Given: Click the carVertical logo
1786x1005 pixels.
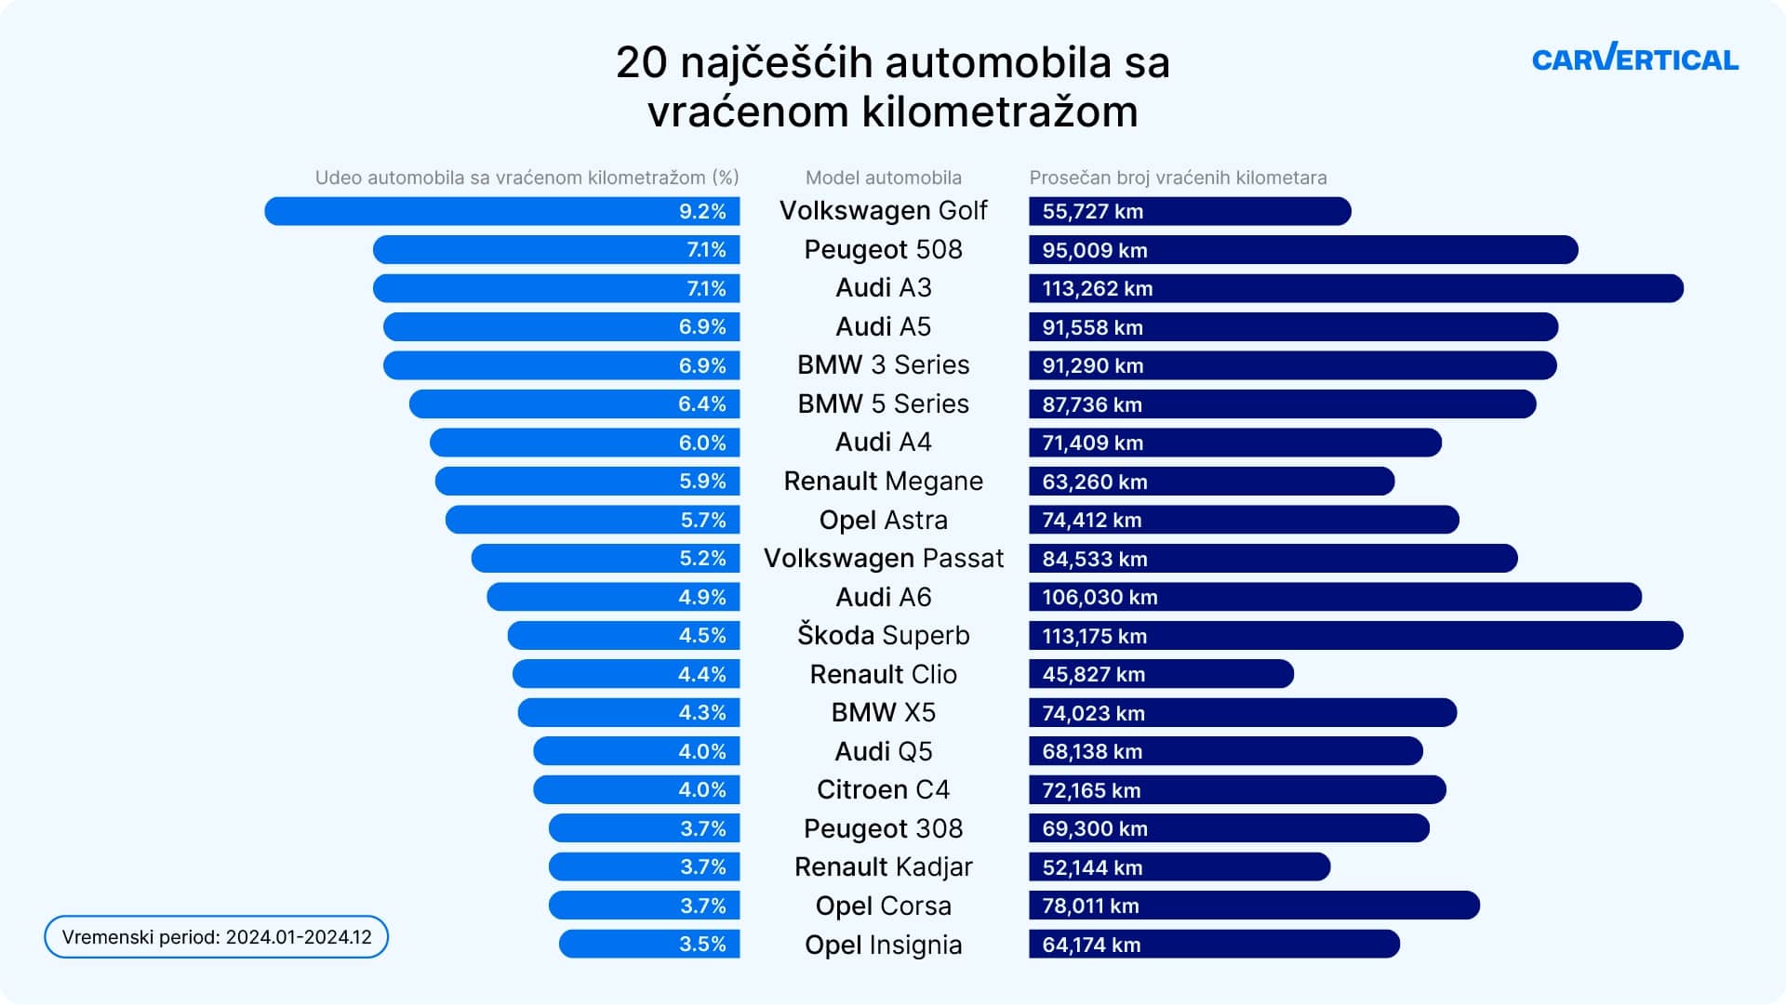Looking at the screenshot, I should (x=1634, y=59).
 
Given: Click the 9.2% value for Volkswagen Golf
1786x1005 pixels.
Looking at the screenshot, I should (x=701, y=212).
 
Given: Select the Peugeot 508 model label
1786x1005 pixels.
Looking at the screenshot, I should (x=883, y=250).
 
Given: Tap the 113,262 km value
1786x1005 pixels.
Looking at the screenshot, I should (x=1097, y=289).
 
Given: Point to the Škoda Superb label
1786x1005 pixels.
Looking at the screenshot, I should (x=883, y=636).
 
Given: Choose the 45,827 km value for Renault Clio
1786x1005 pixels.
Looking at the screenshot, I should (x=1093, y=675).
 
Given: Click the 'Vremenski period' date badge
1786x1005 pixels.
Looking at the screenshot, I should (x=216, y=937).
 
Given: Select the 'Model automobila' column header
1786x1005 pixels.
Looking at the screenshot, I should (x=883, y=178).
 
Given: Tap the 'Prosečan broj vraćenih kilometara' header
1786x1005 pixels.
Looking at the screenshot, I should (x=1178, y=178).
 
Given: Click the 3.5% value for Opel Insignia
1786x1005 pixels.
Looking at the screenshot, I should (x=701, y=945).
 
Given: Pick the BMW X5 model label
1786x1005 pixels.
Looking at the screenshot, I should (x=883, y=713).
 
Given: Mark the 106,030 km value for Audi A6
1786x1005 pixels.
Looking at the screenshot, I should (x=1100, y=598).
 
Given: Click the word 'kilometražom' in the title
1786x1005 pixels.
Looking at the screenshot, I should (x=1000, y=112).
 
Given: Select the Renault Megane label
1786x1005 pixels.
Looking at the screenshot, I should (x=883, y=482).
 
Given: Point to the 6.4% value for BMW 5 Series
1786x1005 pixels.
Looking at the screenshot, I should (x=701, y=404).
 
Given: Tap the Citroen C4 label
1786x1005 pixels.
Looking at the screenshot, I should (x=883, y=790).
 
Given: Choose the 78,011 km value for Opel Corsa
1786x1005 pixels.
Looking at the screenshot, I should (x=1090, y=906).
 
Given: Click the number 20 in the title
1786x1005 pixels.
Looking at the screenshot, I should (x=642, y=63).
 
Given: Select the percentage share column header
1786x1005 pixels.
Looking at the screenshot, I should (x=526, y=178).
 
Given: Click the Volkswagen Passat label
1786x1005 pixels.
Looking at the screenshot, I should (x=883, y=559).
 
